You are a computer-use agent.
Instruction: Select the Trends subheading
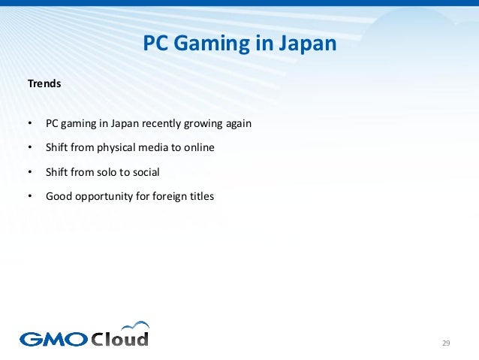pyautogui.click(x=44, y=84)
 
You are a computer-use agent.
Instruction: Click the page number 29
pyautogui.click(x=446, y=343)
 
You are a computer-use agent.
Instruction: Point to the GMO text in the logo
pyautogui.click(x=53, y=339)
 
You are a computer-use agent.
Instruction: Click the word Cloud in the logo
pyautogui.click(x=119, y=337)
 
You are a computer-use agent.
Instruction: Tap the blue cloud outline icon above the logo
pyautogui.click(x=135, y=325)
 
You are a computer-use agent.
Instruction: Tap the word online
pyautogui.click(x=198, y=147)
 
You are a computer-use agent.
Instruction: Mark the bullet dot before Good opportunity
pyautogui.click(x=29, y=197)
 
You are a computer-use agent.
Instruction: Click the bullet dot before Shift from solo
pyautogui.click(x=29, y=172)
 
